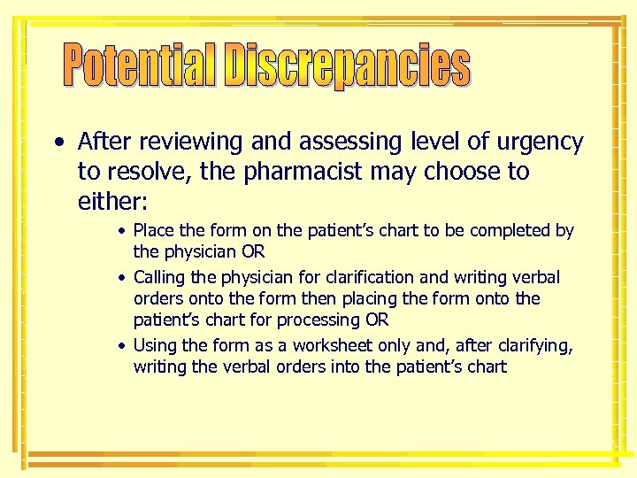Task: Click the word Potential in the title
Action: tap(140, 66)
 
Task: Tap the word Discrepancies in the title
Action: tap(347, 66)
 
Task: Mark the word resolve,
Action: tap(150, 172)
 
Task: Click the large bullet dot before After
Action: tap(58, 143)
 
